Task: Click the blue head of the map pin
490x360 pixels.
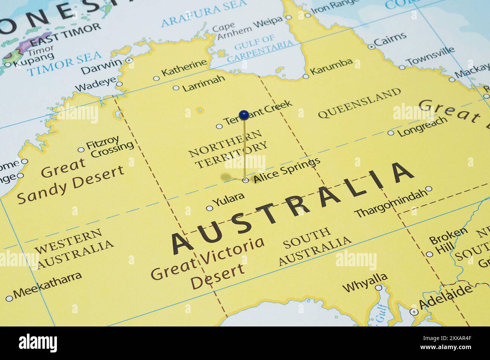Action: coord(244,114)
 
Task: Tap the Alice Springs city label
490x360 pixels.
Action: coord(287,171)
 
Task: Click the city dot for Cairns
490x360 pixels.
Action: coord(372,47)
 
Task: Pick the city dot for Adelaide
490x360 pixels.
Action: coord(414,312)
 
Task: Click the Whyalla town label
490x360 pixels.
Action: coord(364,282)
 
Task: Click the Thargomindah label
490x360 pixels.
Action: coord(390,204)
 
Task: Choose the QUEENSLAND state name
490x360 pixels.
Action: coord(360,103)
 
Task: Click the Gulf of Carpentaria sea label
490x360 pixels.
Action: coord(260,48)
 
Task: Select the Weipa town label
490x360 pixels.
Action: coord(268,23)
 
